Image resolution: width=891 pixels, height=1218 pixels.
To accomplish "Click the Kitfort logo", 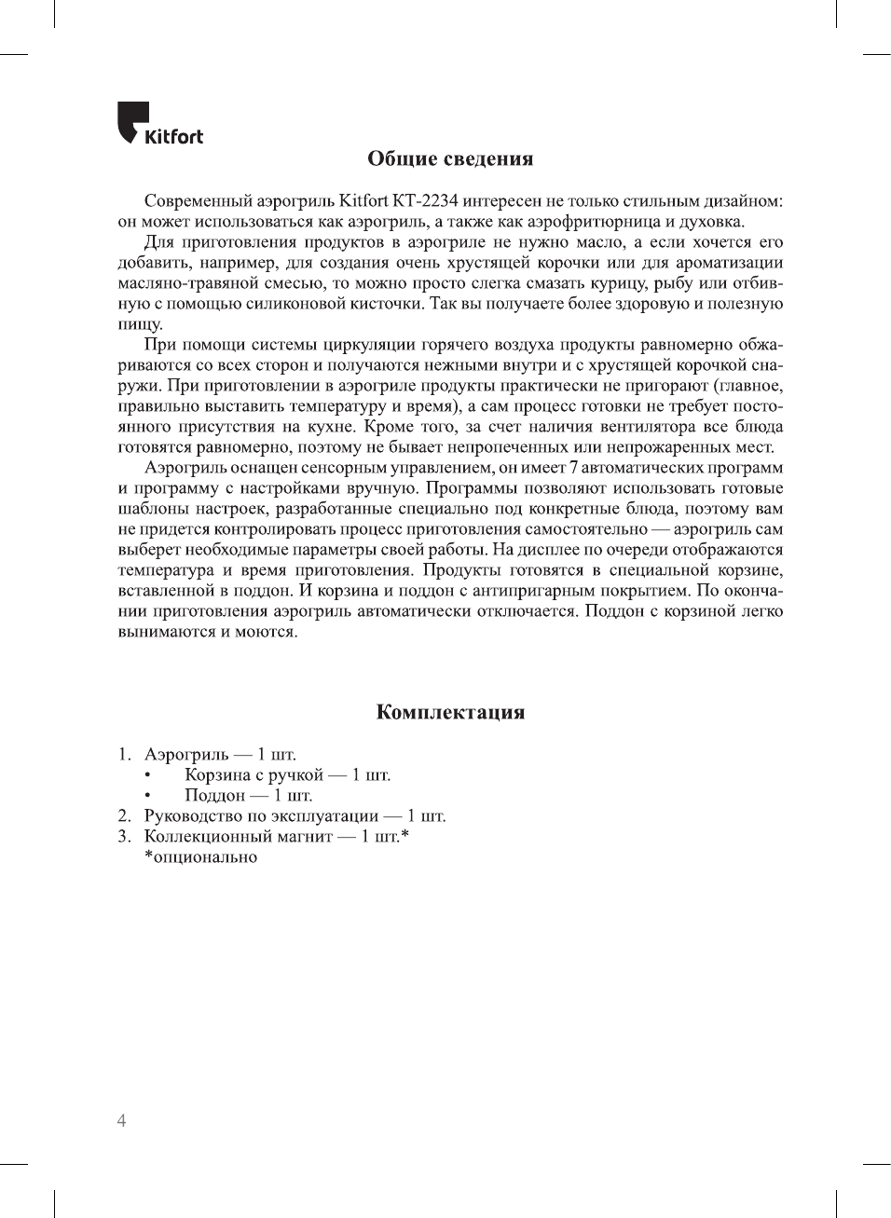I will [159, 124].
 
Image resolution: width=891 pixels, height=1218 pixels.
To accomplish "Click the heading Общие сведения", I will [450, 158].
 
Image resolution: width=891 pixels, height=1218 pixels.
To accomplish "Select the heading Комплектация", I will [450, 712].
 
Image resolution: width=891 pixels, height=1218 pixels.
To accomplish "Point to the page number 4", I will [121, 1120].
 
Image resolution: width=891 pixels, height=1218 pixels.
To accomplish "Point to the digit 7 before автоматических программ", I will [573, 468].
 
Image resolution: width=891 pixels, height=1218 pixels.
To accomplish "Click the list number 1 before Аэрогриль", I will [124, 755].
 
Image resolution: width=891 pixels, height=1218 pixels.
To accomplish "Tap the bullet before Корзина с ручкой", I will [147, 775].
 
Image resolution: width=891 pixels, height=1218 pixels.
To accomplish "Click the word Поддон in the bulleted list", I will [214, 796].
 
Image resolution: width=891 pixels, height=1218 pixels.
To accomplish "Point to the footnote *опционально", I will [200, 857].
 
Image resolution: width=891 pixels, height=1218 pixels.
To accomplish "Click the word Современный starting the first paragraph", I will [192, 201].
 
